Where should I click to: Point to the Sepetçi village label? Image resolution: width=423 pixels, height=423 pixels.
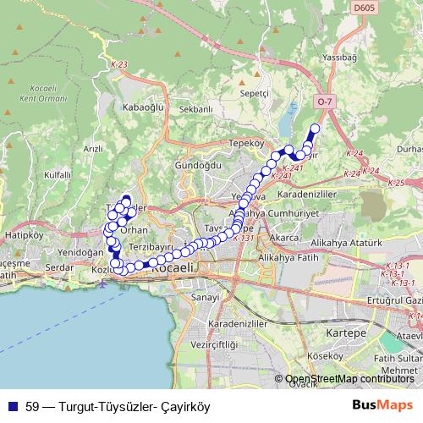(x=254, y=92)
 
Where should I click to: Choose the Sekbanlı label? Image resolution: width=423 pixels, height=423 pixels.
(x=195, y=109)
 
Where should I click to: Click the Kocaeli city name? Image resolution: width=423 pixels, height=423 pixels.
(x=169, y=267)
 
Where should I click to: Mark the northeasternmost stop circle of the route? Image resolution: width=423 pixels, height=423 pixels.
(x=316, y=129)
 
